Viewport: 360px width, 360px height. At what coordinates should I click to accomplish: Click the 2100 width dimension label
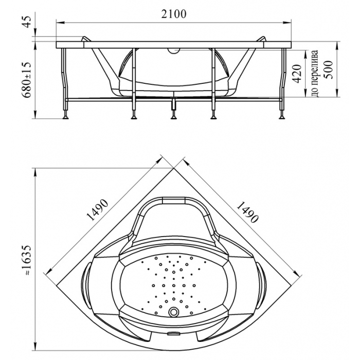(x=174, y=14)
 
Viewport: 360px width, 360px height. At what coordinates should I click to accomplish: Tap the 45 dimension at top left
(x=27, y=22)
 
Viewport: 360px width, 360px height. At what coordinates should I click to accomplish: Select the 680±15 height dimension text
(x=27, y=80)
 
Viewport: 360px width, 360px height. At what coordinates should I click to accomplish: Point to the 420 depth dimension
(x=297, y=74)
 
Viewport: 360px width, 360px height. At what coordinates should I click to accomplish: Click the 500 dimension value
(x=328, y=69)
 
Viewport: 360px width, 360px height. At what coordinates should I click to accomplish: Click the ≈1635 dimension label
(x=27, y=260)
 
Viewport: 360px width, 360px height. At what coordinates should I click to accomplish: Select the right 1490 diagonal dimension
(x=247, y=212)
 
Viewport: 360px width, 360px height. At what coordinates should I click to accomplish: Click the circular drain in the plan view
(x=174, y=312)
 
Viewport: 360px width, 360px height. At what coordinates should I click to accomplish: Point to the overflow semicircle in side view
(x=174, y=51)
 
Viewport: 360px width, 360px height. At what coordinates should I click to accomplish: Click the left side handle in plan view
(x=85, y=285)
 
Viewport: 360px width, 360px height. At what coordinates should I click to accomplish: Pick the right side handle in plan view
(x=261, y=285)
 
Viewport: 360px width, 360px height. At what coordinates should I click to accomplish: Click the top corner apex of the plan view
(x=174, y=168)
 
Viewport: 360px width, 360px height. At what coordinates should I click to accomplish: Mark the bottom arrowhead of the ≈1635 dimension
(x=35, y=347)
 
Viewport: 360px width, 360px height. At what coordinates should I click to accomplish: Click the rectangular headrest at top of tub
(x=174, y=200)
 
